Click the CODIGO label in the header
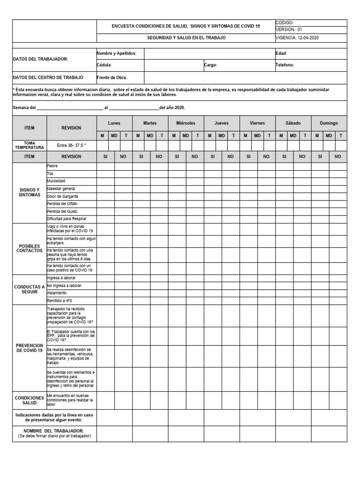284,22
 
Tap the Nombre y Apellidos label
116,53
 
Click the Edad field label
281,53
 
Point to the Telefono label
285,65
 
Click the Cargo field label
210,65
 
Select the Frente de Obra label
112,77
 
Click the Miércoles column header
186,123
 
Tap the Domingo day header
329,123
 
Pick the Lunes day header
114,123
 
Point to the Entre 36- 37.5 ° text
71,145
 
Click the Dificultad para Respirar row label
67,219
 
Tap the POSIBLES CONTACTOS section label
30,248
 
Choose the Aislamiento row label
57,292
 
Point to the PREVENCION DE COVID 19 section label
30,348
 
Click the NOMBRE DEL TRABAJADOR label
54,430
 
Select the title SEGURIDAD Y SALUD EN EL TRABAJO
186,37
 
